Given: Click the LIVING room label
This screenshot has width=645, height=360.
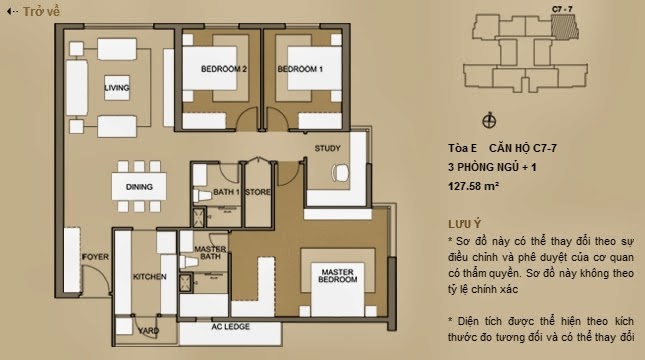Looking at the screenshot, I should pyautogui.click(x=118, y=89).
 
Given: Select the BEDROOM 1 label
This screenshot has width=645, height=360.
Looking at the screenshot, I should pyautogui.click(x=300, y=69).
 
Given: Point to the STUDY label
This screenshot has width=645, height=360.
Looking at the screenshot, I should pyautogui.click(x=327, y=149).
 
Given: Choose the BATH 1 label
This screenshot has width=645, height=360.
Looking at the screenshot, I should pyautogui.click(x=224, y=191).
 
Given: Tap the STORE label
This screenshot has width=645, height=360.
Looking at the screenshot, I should pyautogui.click(x=257, y=191).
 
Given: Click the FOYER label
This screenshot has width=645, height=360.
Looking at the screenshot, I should pyautogui.click(x=95, y=256).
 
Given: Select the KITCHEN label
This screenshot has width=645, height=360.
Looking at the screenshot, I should pyautogui.click(x=149, y=276).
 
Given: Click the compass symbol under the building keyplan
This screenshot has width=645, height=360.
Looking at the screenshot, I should pyautogui.click(x=489, y=121).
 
